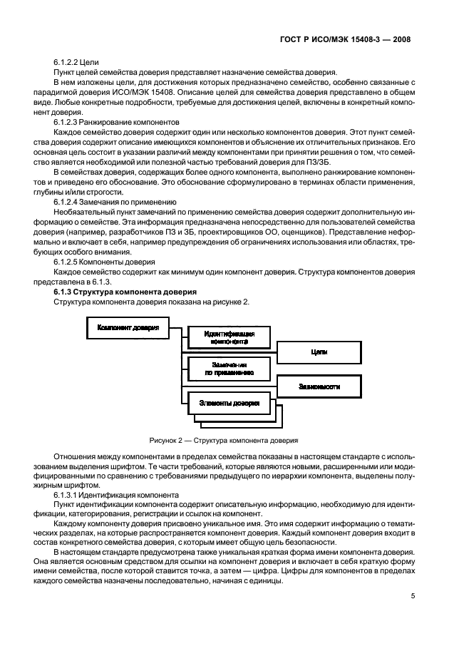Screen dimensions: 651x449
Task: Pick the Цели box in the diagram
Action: [x=319, y=352]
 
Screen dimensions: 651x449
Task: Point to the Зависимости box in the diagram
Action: [x=319, y=387]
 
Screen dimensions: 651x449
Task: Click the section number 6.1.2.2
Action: [x=70, y=63]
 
